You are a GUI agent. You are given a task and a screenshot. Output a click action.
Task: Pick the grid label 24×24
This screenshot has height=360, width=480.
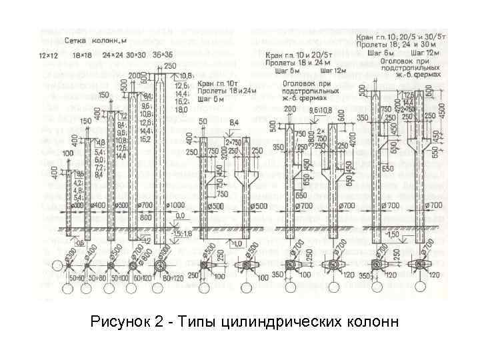pyautogui.click(x=106, y=53)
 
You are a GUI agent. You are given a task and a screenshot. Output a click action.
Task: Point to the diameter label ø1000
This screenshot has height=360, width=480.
pyautogui.click(x=175, y=204)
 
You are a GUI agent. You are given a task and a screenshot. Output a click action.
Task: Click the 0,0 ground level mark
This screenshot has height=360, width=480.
pyautogui.click(x=180, y=217)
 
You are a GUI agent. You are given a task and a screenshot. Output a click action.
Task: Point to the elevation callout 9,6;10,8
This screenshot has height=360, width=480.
pyautogui.click(x=320, y=109)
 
